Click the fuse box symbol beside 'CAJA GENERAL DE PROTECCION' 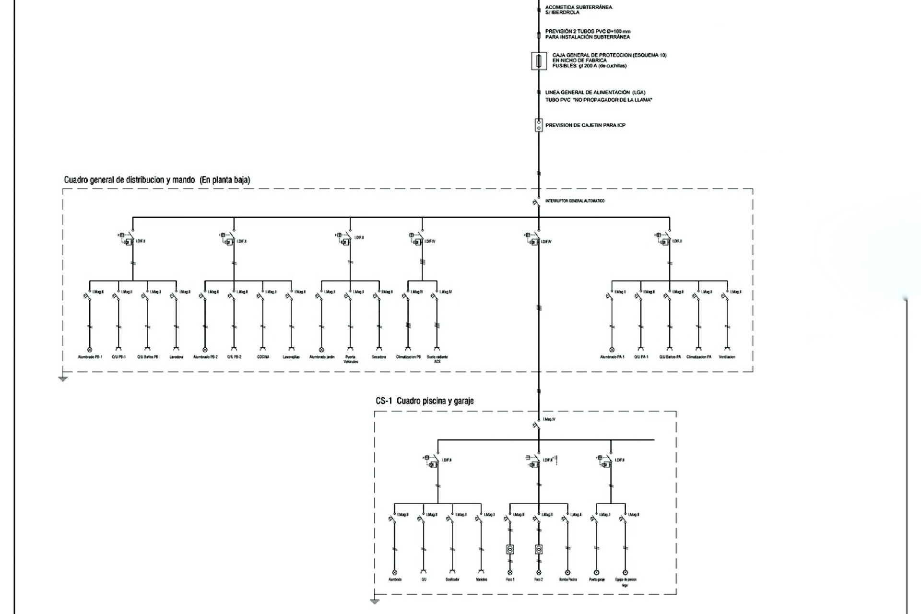[539, 61]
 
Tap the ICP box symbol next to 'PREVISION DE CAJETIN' [539, 125]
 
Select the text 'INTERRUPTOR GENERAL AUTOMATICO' [575, 201]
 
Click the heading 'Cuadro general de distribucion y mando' [130, 180]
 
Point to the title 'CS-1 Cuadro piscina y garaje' [425, 401]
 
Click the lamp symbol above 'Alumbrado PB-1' [89, 350]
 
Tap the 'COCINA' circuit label [263, 357]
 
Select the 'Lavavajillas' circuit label [291, 357]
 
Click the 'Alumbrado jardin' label [322, 357]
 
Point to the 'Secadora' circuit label [378, 357]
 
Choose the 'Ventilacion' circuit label [727, 357]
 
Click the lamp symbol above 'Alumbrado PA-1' [612, 350]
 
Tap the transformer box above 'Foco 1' [510, 549]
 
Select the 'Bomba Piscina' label [568, 579]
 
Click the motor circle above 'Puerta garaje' [597, 572]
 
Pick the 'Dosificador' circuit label [452, 579]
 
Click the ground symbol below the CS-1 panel [375, 602]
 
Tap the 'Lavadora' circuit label [176, 357]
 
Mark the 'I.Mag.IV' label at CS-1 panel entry [549, 419]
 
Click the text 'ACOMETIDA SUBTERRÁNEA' [579, 7]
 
